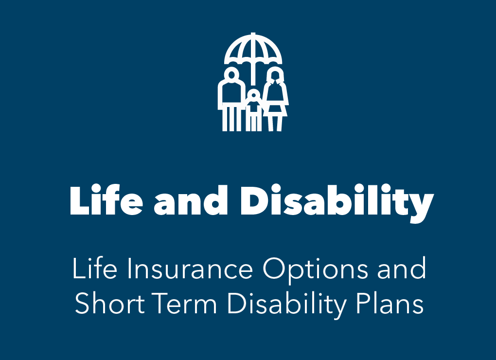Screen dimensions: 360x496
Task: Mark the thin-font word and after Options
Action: point(402,269)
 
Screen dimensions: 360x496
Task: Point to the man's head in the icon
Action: point(232,74)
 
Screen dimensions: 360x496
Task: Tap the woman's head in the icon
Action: point(275,75)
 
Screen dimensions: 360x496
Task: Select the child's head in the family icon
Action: point(253,94)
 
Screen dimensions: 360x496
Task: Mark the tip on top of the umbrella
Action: point(253,35)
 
